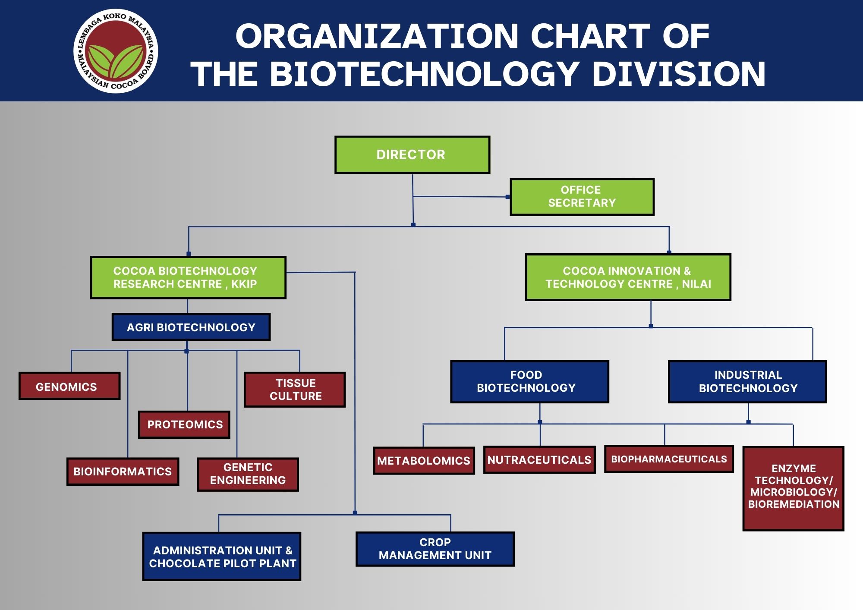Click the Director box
pyautogui.click(x=412, y=155)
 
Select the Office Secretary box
pyautogui.click(x=582, y=197)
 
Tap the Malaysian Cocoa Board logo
pyautogui.click(x=116, y=51)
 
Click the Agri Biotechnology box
pyautogui.click(x=191, y=327)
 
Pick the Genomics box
pyautogui.click(x=69, y=386)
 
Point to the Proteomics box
pyautogui.click(x=184, y=424)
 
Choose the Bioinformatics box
pyautogui.click(x=123, y=472)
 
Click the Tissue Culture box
pyautogui.click(x=295, y=390)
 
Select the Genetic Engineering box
pyautogui.click(x=248, y=474)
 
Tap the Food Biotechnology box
pyautogui.click(x=529, y=382)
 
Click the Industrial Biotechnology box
pyautogui.click(x=747, y=382)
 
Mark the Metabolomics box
pyautogui.click(x=424, y=461)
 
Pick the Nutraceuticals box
pyautogui.click(x=539, y=460)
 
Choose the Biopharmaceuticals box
pyautogui.click(x=669, y=459)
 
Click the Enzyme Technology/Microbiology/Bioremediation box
pyautogui.click(x=793, y=488)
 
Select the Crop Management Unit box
pyautogui.click(x=435, y=549)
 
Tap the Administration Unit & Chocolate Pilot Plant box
pyautogui.click(x=222, y=557)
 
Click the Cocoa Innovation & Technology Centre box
pyautogui.click(x=628, y=277)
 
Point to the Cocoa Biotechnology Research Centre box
pyautogui.click(x=188, y=277)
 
